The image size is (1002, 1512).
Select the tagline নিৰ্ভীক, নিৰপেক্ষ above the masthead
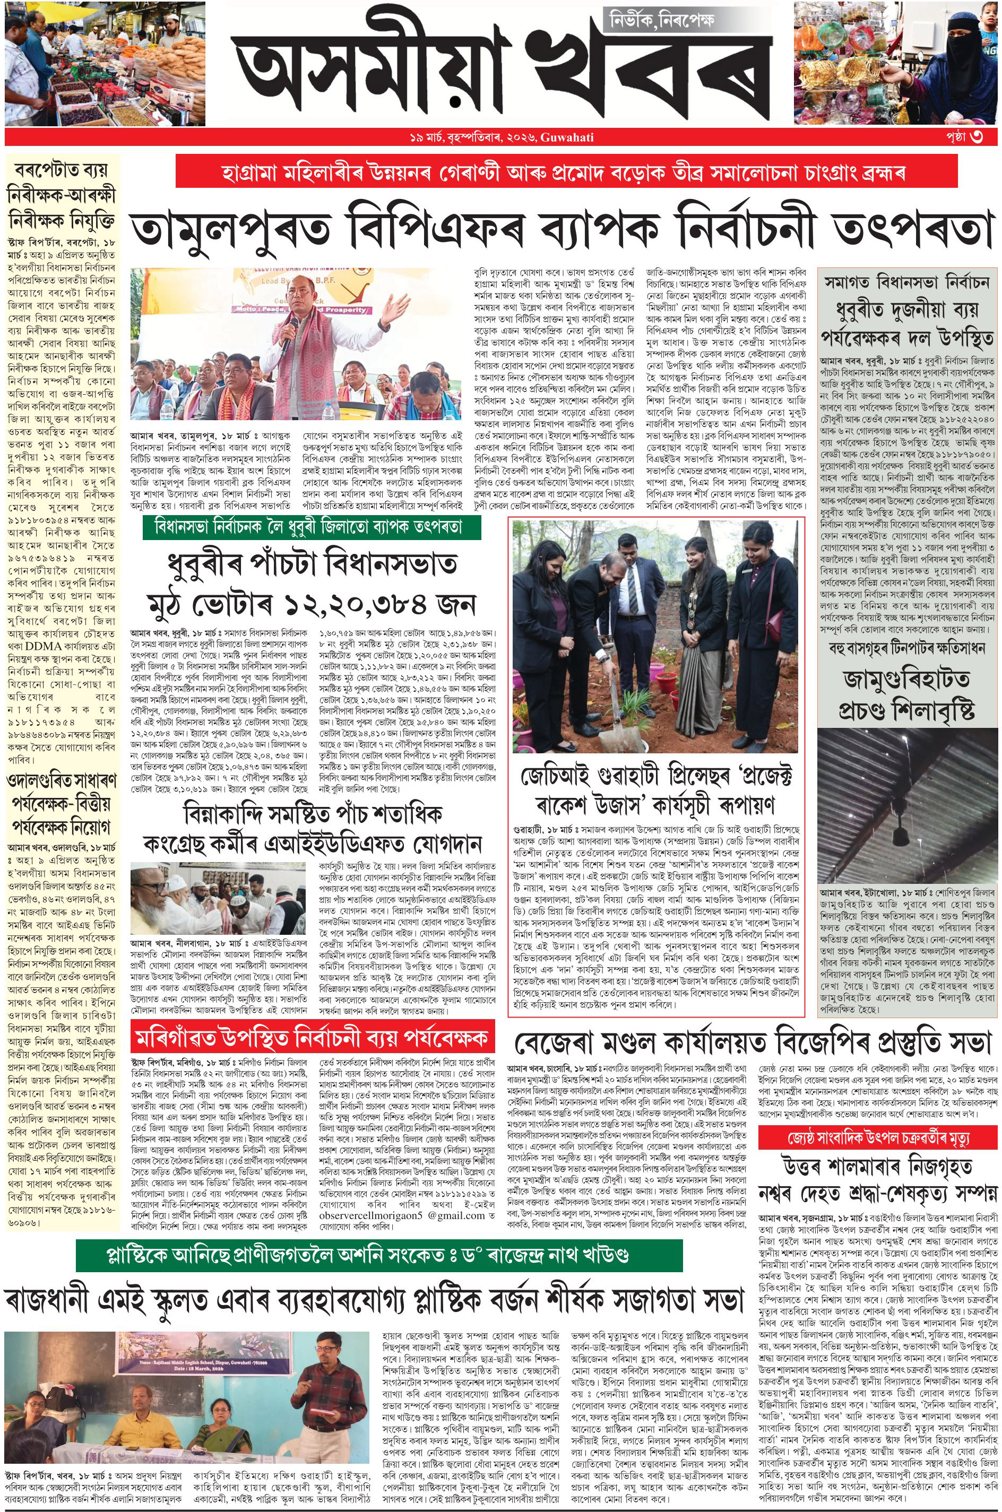tap(659, 21)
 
